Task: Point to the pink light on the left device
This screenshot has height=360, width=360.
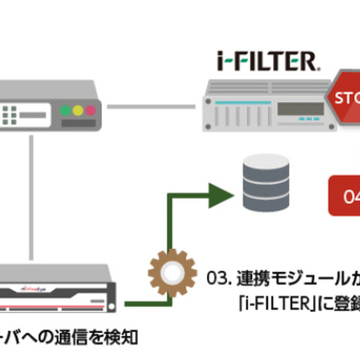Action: (x=91, y=110)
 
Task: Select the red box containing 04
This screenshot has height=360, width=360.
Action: (x=344, y=196)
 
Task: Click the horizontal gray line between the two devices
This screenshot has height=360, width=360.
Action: (x=154, y=106)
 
